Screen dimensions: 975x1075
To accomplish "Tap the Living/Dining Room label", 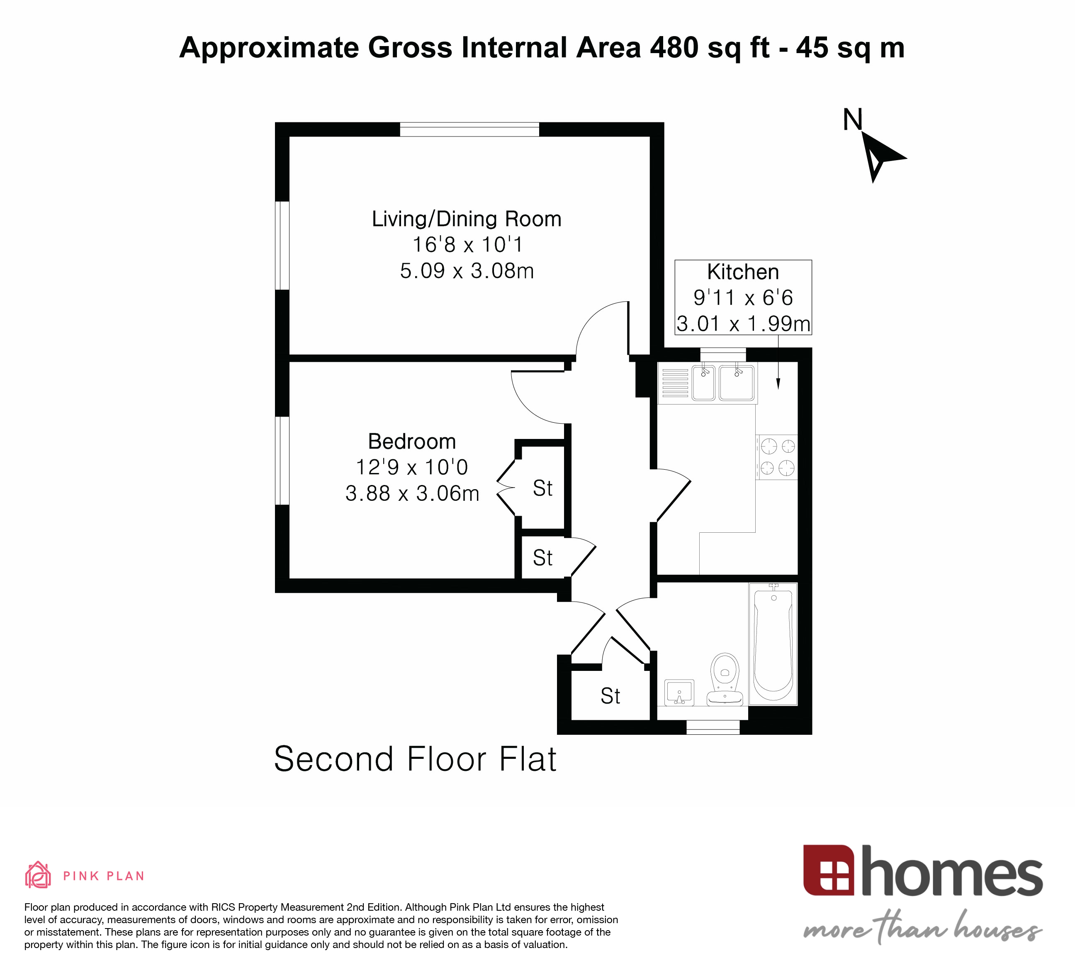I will pyautogui.click(x=467, y=219).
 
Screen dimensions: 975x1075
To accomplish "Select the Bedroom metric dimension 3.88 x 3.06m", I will pyautogui.click(x=412, y=493).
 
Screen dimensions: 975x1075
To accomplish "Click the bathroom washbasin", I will pyautogui.click(x=679, y=693).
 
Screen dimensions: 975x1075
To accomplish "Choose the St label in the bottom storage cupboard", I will pyautogui.click(x=610, y=696).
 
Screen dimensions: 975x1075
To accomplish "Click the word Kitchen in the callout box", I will pyautogui.click(x=743, y=272).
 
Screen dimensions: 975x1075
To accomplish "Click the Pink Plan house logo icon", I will pyautogui.click(x=38, y=875).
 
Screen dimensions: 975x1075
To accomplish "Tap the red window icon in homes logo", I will pyautogui.click(x=829, y=870).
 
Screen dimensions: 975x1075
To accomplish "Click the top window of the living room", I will pyautogui.click(x=469, y=129).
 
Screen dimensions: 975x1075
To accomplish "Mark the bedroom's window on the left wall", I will pyautogui.click(x=282, y=460).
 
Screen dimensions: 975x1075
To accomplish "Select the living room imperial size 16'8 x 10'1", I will pyautogui.click(x=468, y=245).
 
